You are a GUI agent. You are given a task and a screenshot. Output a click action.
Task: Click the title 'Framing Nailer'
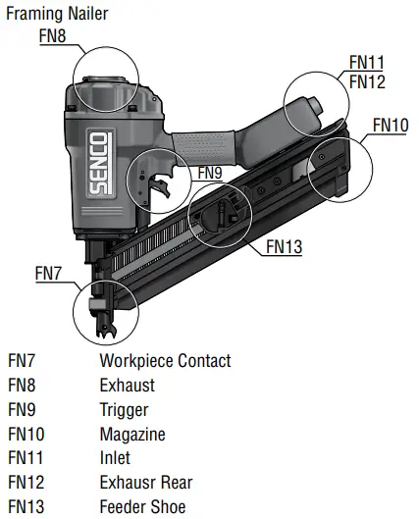[57, 14]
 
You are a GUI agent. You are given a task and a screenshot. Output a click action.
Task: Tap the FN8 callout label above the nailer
[53, 35]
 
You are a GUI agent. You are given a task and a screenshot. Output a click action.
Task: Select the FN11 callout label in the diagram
[366, 63]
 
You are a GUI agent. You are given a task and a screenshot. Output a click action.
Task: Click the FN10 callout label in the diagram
[391, 125]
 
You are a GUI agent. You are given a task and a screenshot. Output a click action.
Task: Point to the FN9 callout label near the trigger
[211, 173]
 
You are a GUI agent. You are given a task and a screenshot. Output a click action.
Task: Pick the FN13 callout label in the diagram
[284, 246]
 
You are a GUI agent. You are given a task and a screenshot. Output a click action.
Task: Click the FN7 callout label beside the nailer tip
[49, 272]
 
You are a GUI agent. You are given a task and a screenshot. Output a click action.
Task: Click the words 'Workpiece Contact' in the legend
[165, 361]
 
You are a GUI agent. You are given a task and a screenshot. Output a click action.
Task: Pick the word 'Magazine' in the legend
[132, 434]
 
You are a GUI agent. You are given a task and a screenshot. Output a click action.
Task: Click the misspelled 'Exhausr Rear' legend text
[145, 483]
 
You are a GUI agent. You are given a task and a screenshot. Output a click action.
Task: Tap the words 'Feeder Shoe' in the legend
[142, 507]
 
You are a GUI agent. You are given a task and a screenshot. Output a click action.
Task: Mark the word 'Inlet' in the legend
[115, 458]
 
